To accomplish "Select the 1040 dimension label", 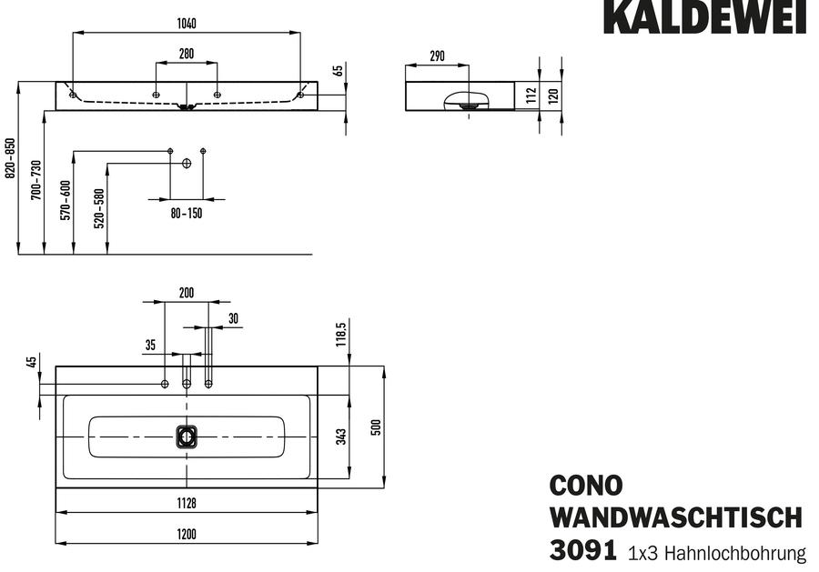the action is click(x=187, y=24).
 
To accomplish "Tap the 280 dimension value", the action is click(x=187, y=54).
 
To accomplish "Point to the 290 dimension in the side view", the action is click(x=437, y=56).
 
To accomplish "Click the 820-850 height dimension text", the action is click(x=10, y=158).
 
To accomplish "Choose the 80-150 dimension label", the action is click(x=187, y=214).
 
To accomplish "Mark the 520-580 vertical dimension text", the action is click(x=99, y=208).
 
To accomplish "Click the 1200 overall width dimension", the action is click(x=187, y=534).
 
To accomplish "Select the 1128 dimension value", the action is click(x=187, y=503).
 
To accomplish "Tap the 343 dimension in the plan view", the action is click(x=341, y=437).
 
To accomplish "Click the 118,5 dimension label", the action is click(x=341, y=334).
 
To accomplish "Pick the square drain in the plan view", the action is click(x=187, y=437).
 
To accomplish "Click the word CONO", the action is click(x=586, y=486).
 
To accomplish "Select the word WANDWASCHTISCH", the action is click(x=676, y=517).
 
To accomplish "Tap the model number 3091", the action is click(x=583, y=550).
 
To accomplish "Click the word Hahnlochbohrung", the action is click(x=735, y=553).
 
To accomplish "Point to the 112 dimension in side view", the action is click(x=531, y=95).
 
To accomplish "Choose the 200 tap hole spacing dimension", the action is click(x=187, y=293).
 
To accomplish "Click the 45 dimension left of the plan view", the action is click(x=32, y=361).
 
